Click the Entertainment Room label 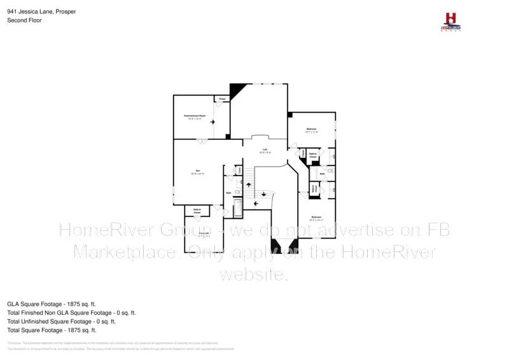point(194,116)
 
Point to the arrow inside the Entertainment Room point(213,121)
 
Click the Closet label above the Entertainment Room point(222,99)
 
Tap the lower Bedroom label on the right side point(316,218)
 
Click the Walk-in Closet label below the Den point(197,211)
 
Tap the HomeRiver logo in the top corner point(451,20)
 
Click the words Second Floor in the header point(22,20)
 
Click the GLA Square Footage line point(52,304)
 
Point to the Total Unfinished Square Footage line point(61,321)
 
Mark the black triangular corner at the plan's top point(236,90)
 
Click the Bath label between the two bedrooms point(314,172)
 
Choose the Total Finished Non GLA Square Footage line point(71,313)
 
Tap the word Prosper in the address point(66,11)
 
